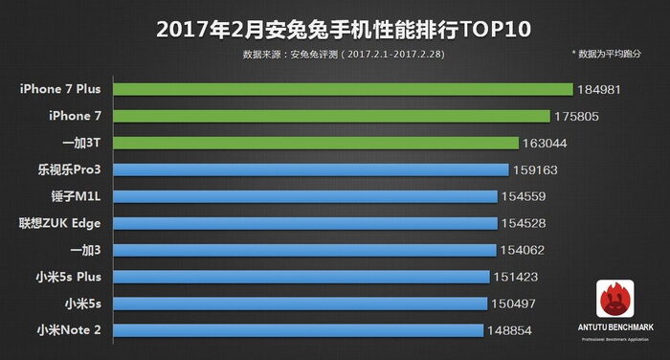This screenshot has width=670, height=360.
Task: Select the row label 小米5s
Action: pos(84,304)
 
